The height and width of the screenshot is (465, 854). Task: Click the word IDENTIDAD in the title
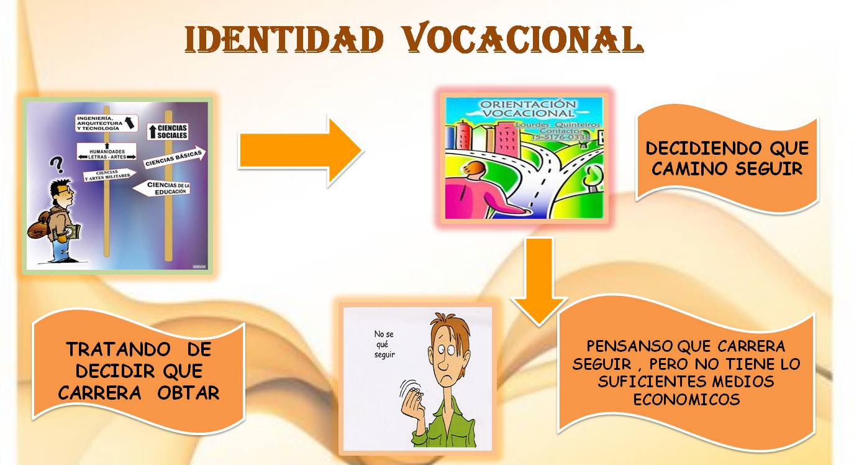pyautogui.click(x=283, y=40)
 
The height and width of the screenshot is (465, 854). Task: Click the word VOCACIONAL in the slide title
pyautogui.click(x=522, y=40)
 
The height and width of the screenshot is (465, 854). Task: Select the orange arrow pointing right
pyautogui.click(x=300, y=151)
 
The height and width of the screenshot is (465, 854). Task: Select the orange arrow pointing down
pyautogui.click(x=538, y=280)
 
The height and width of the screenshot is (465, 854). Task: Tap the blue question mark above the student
pyautogui.click(x=57, y=164)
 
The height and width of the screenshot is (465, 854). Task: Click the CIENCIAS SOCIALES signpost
pyautogui.click(x=168, y=131)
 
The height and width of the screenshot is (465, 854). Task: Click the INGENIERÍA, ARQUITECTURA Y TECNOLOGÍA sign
pyautogui.click(x=106, y=122)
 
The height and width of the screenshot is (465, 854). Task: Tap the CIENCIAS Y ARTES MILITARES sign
pyautogui.click(x=109, y=174)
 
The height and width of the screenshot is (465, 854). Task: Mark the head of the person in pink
pyautogui.click(x=473, y=171)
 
